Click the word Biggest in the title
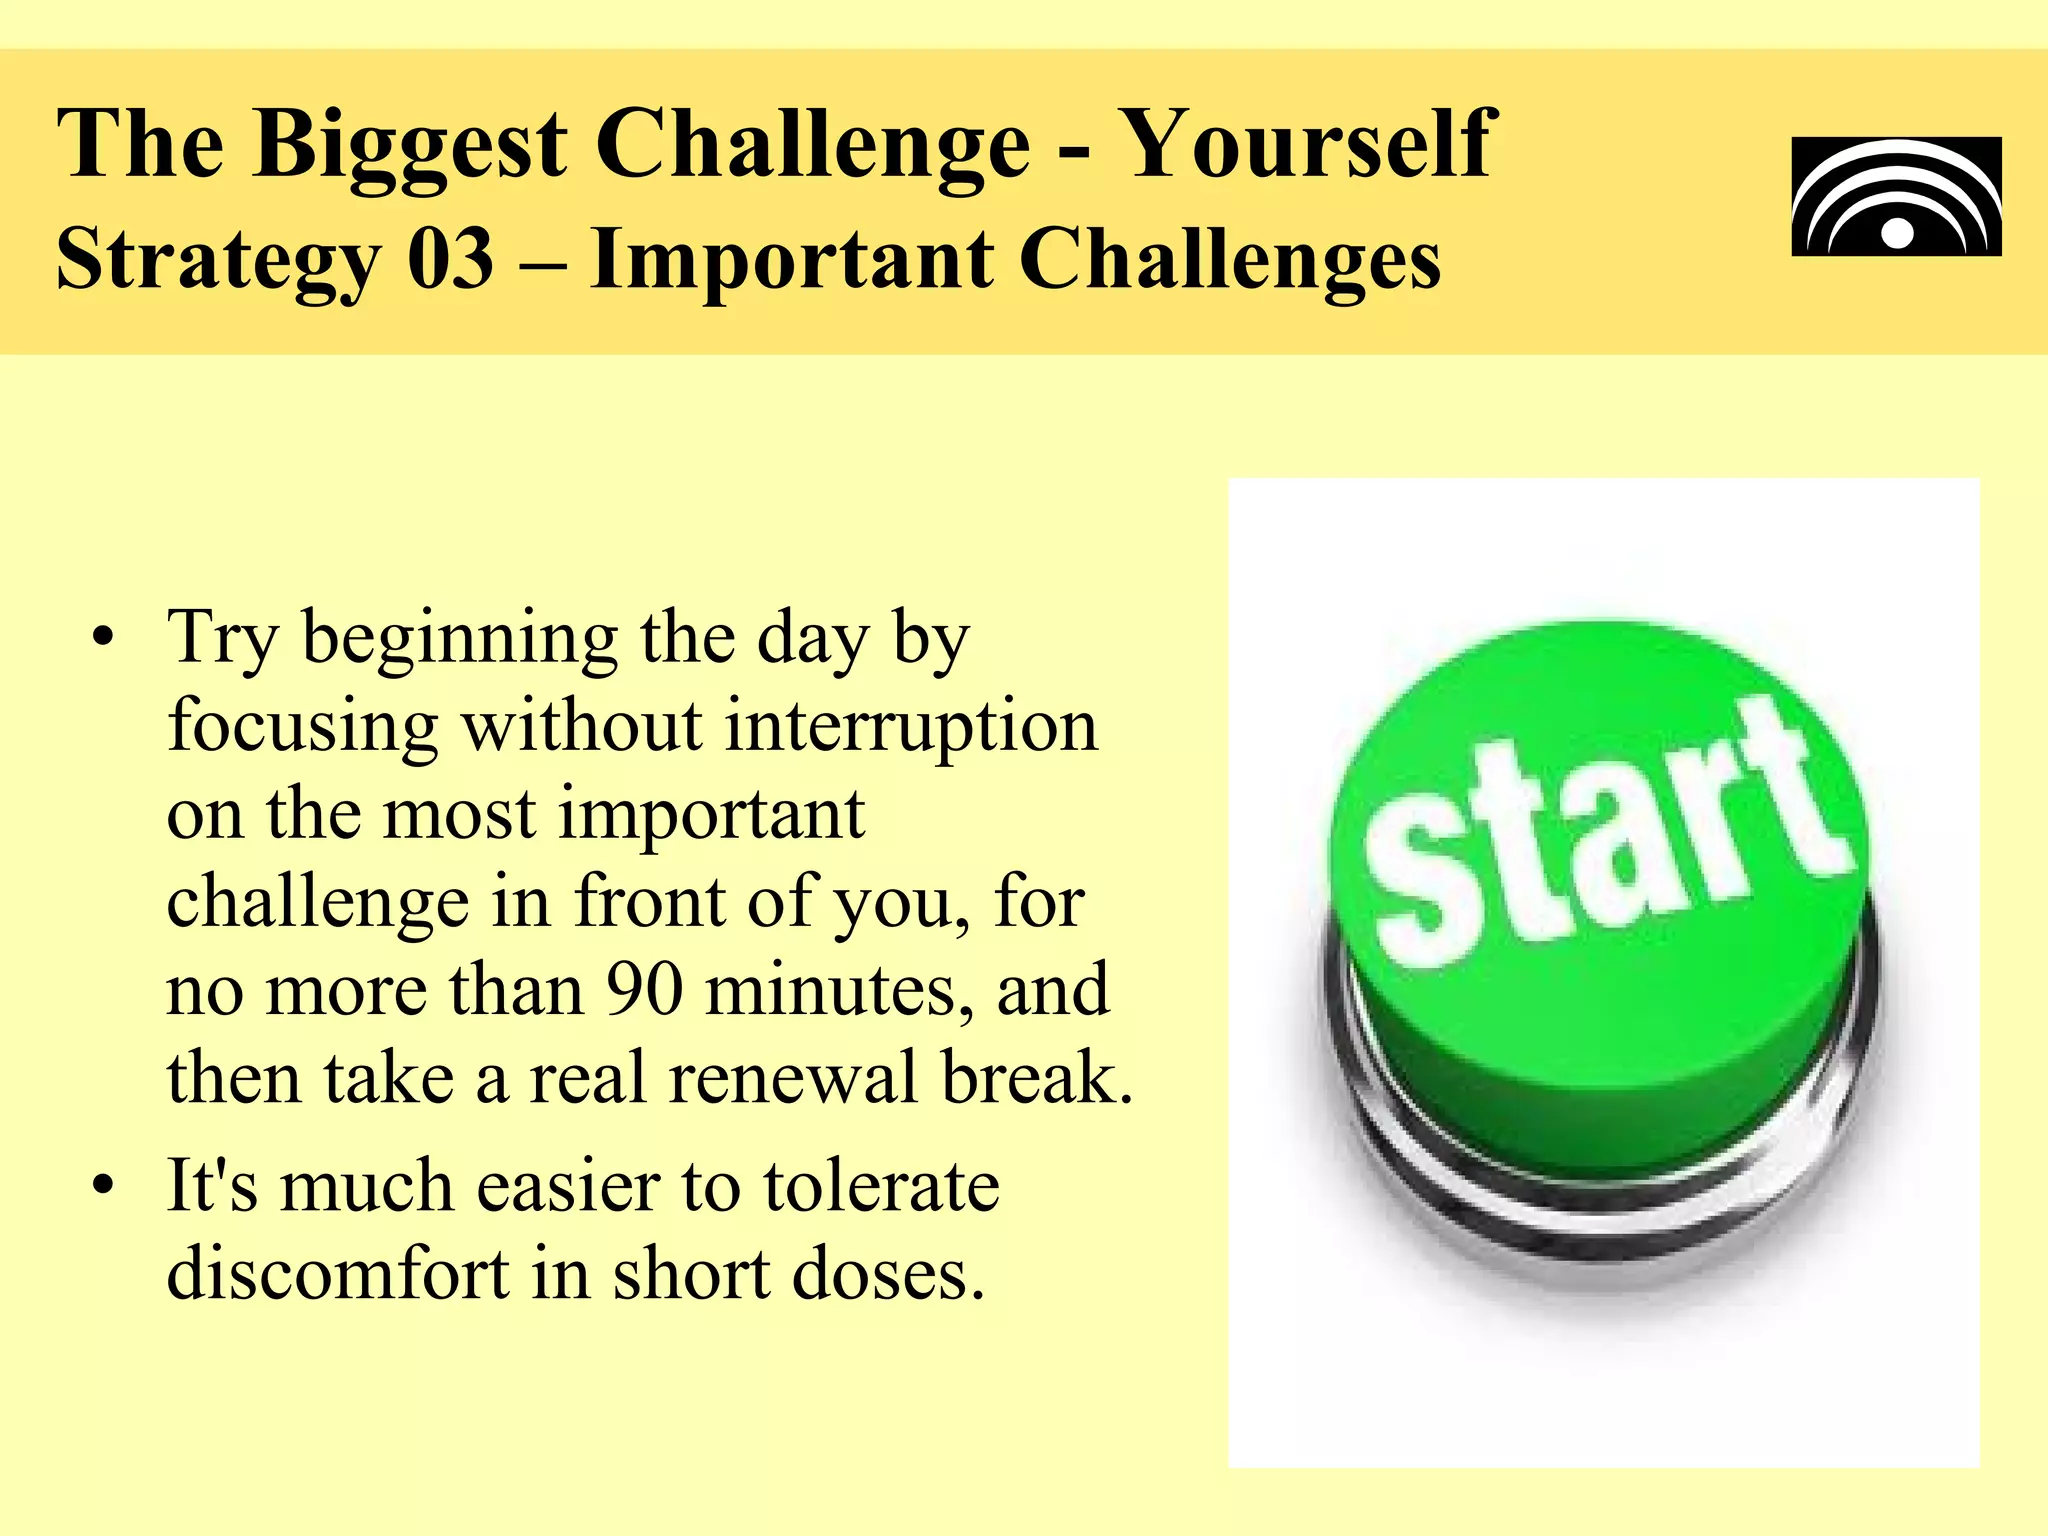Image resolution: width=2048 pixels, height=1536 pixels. [x=410, y=148]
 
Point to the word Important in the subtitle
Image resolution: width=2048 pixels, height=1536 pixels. [x=791, y=259]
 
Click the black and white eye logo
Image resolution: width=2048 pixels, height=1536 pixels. [x=1896, y=196]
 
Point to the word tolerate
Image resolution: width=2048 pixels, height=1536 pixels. [x=881, y=1186]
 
